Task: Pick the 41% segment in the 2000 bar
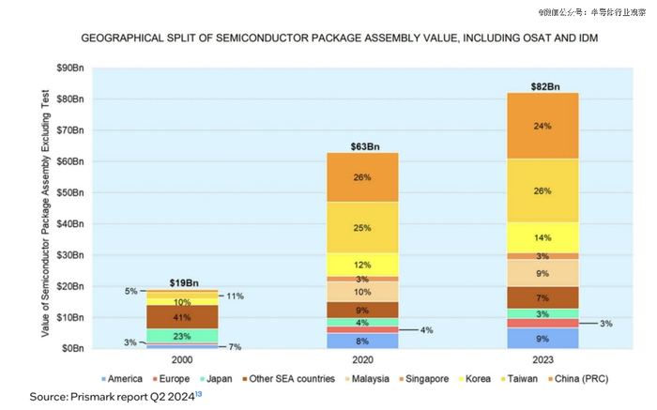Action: click(182, 317)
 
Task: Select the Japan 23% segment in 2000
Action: click(182, 336)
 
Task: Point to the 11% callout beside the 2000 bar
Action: click(235, 296)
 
